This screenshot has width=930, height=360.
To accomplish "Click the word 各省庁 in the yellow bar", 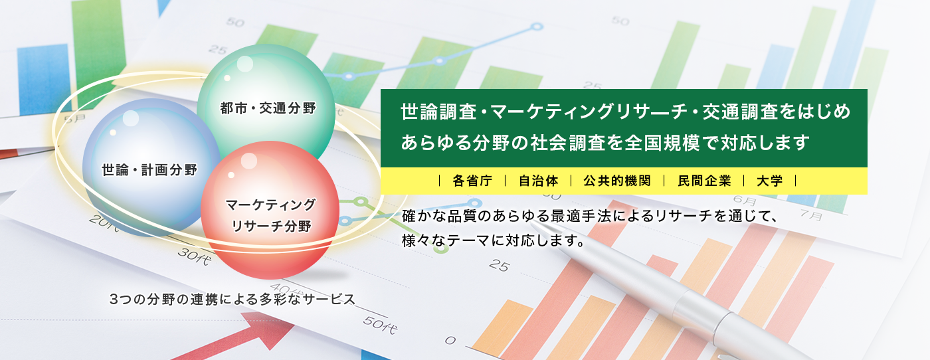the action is coord(472,181).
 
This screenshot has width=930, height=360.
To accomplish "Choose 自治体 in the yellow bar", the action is coord(539,181).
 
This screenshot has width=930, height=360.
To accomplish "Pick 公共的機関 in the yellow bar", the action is coord(617,181).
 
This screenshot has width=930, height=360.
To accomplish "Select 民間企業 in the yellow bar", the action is coord(704,181).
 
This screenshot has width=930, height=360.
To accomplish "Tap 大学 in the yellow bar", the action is coord(769,181).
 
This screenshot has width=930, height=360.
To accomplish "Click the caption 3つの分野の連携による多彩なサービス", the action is coord(232,299).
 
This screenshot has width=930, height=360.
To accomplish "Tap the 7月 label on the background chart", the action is coord(811,215).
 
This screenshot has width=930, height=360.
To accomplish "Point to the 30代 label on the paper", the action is coord(194,256).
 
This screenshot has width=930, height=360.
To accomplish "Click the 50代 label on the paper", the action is coord(380,325).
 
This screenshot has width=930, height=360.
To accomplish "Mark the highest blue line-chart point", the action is coord(537,27).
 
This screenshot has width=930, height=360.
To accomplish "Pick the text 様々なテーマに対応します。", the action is coord(494,240).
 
